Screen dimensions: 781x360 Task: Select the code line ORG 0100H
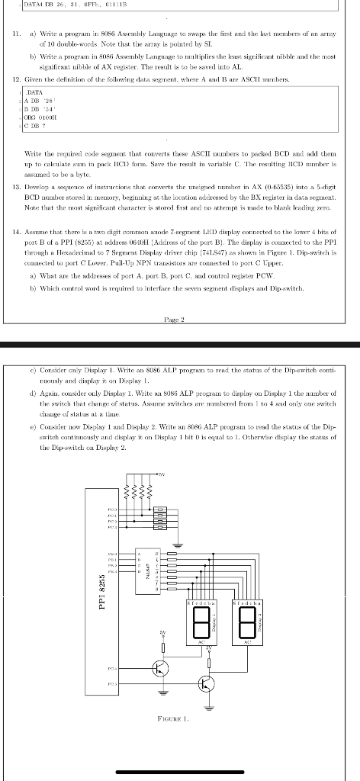[38, 138]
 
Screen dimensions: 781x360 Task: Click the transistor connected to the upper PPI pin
[161, 669]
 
